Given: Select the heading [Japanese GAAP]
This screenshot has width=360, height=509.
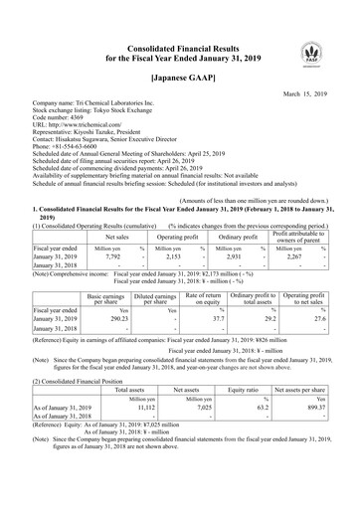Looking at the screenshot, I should [x=179, y=77].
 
